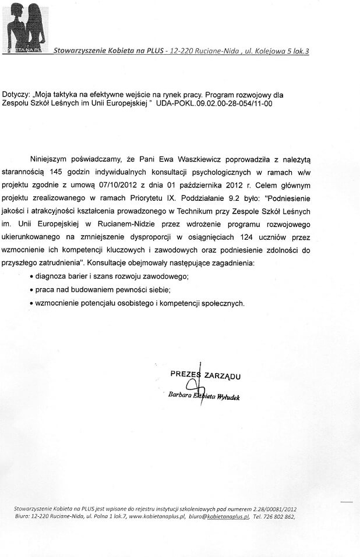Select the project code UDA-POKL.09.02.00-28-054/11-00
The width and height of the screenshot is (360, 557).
214,104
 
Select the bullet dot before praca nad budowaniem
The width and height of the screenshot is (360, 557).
31,290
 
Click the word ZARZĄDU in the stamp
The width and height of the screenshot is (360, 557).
222,376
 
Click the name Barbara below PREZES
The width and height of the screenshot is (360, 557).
178,396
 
